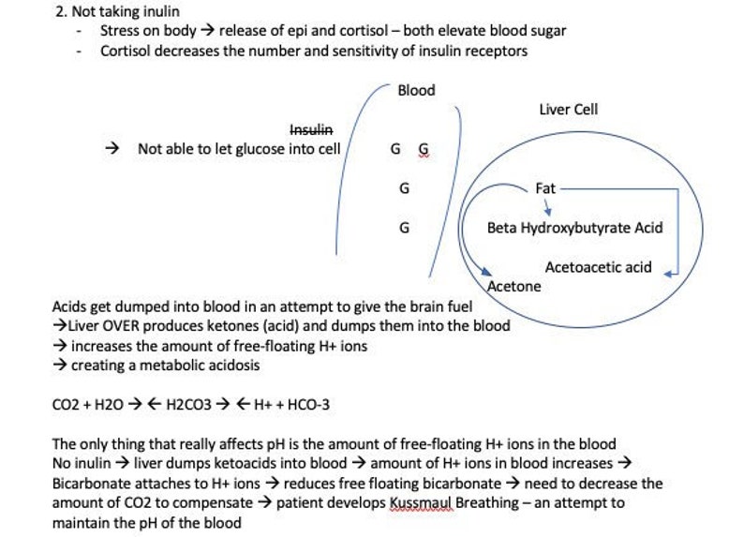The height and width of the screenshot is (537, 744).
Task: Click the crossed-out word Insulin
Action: coord(311,128)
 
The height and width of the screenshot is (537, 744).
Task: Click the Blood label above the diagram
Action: coord(416,90)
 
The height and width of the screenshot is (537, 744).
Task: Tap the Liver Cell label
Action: coord(568,110)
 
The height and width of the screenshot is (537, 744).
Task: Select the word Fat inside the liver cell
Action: coord(545,188)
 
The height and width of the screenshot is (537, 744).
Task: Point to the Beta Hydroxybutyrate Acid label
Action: coord(574,228)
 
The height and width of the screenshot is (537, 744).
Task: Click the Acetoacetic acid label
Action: coord(598,267)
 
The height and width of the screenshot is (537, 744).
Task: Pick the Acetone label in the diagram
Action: coord(514,287)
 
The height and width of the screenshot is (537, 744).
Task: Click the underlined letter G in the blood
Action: coord(424,149)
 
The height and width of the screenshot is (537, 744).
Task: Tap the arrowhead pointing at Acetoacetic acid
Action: coord(669,272)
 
